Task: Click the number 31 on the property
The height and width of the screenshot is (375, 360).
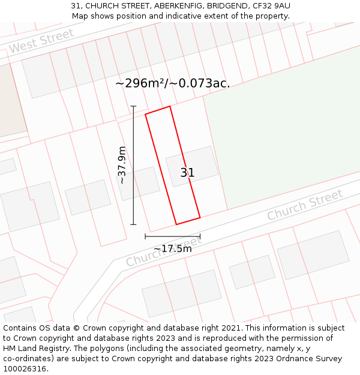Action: coord(187,173)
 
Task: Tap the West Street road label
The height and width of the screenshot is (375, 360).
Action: coord(42,41)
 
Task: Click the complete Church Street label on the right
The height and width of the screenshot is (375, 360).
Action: coord(305,205)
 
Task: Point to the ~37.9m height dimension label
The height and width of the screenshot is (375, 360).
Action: coord(122,165)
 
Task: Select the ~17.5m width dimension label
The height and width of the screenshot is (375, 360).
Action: coord(173,248)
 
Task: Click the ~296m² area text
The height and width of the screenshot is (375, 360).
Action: coord(142,83)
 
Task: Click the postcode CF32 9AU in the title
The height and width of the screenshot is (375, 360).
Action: coord(271,6)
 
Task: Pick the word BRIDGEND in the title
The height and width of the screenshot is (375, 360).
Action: coord(223,6)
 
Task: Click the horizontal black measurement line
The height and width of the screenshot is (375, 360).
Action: coord(172,236)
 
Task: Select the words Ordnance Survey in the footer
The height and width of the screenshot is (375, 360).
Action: coord(311,359)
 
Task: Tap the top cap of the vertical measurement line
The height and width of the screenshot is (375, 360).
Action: coord(133,106)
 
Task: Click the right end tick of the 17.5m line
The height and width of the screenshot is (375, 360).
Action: coord(200,236)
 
